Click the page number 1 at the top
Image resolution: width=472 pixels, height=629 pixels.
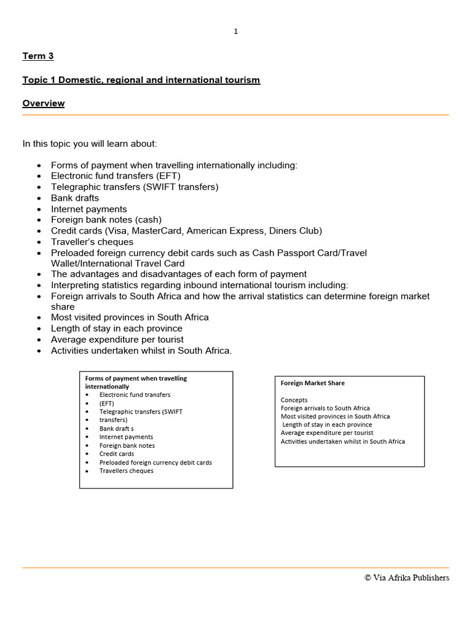pos(236,32)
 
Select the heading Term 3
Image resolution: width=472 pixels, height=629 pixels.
pos(38,56)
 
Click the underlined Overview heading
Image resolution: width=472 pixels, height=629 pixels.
pos(44,103)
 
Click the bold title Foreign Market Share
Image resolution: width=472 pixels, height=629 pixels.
pos(312,383)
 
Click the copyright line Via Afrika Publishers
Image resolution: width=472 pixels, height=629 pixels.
pos(406,577)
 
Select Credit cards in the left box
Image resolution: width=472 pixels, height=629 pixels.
pos(117,454)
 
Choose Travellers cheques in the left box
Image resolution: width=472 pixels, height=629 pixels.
pos(127,471)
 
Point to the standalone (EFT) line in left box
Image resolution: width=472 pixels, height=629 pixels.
pos(107,404)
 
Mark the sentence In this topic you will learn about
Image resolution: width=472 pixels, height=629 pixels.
pos(90,144)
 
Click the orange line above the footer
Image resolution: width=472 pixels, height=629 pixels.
pos(236,568)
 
